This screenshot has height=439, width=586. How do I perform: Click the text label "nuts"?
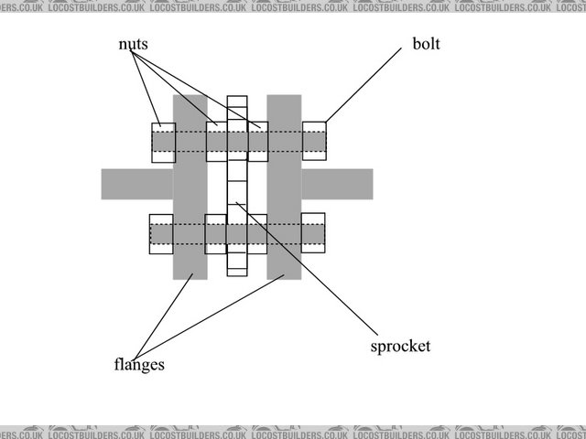(133, 44)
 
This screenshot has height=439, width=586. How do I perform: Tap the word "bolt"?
(426, 44)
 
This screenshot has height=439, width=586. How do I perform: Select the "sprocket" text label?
(400, 347)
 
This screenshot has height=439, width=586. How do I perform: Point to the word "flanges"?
(138, 365)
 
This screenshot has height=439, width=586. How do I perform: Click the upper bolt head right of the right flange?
(314, 142)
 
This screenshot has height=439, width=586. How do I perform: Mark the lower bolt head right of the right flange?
(313, 233)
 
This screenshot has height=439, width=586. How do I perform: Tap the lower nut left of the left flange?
(161, 233)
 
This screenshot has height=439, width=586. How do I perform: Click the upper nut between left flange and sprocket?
(217, 142)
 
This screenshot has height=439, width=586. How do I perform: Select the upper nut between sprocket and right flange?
(258, 142)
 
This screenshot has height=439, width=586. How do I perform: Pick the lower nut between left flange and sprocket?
(216, 234)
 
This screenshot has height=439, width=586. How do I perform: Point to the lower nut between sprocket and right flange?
(257, 234)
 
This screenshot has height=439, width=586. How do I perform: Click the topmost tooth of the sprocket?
(238, 102)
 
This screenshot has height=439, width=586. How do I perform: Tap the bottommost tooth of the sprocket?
(238, 267)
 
